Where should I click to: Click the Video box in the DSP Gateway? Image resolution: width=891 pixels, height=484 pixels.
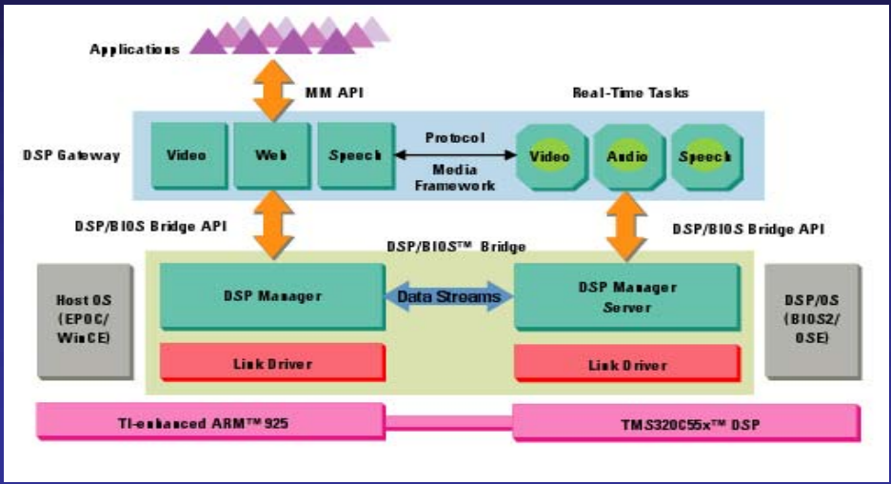tap(187, 154)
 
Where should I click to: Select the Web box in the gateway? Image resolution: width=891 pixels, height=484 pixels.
tap(270, 154)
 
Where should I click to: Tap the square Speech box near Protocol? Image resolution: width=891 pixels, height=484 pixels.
tap(354, 154)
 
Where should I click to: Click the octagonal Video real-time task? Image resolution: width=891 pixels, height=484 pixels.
tap(549, 155)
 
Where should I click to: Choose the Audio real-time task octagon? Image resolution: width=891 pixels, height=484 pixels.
tap(627, 155)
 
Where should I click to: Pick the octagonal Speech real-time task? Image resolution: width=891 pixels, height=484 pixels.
tap(704, 155)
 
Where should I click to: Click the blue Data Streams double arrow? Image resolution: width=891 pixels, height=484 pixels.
tap(447, 297)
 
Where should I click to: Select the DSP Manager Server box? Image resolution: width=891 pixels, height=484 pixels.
tap(626, 296)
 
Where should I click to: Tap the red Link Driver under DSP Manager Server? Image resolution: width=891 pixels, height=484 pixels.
tap(626, 364)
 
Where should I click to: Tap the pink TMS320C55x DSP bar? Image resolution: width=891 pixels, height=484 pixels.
tap(685, 422)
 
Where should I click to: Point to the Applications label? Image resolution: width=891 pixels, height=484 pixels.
tap(134, 49)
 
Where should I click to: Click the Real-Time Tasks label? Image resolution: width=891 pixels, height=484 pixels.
tap(630, 92)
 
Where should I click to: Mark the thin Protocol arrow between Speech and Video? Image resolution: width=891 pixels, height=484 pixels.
tap(454, 154)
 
